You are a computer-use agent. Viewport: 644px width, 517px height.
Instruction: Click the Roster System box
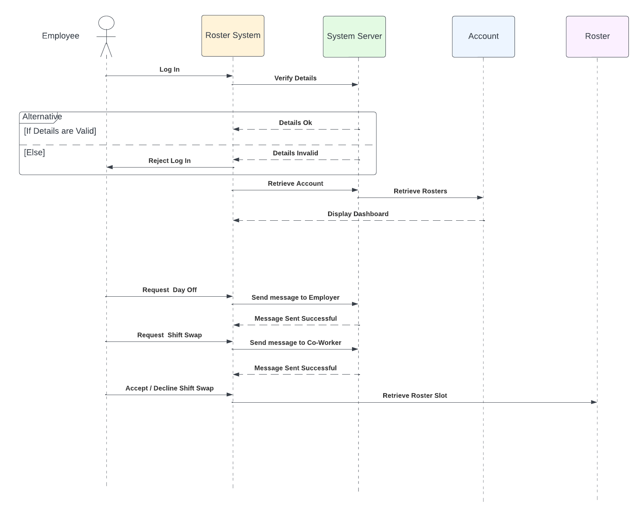pos(233,36)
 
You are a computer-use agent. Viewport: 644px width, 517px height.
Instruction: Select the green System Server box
pos(354,36)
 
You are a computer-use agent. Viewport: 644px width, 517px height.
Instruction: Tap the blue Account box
pos(483,36)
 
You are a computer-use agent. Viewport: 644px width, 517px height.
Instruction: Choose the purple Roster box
pos(597,36)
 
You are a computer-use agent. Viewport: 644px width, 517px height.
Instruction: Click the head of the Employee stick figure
pos(106,23)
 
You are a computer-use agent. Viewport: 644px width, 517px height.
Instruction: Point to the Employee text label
pos(61,36)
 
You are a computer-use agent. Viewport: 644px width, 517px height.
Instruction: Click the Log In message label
pos(169,70)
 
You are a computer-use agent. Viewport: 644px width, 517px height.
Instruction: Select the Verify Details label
pos(295,78)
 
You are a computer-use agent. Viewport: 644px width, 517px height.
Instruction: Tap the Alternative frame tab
pos(40,117)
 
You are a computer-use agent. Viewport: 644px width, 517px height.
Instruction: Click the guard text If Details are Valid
pos(60,131)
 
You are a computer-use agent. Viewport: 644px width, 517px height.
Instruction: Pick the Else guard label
pos(34,153)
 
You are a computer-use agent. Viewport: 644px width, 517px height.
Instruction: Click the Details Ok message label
pos(295,123)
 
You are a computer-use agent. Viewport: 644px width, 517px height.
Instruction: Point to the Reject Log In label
pos(169,161)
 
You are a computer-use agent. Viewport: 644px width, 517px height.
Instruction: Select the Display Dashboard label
pos(358,214)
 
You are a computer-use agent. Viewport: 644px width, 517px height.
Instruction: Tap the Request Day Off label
pos(169,290)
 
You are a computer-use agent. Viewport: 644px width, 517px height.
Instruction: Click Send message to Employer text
pos(295,297)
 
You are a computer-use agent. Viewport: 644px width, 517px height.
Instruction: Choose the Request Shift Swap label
pos(169,335)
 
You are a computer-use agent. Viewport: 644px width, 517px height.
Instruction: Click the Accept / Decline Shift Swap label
pos(169,388)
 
